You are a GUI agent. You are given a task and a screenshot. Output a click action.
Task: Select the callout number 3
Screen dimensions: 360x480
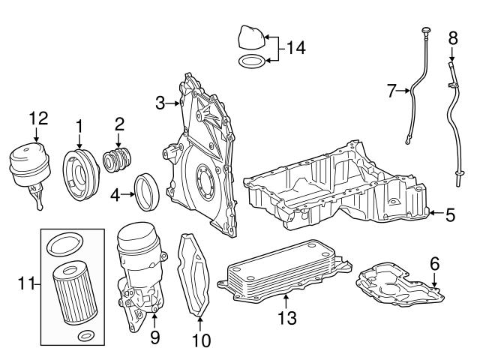[160, 103]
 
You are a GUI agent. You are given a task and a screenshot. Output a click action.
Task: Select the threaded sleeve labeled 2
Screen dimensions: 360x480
[118, 160]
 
